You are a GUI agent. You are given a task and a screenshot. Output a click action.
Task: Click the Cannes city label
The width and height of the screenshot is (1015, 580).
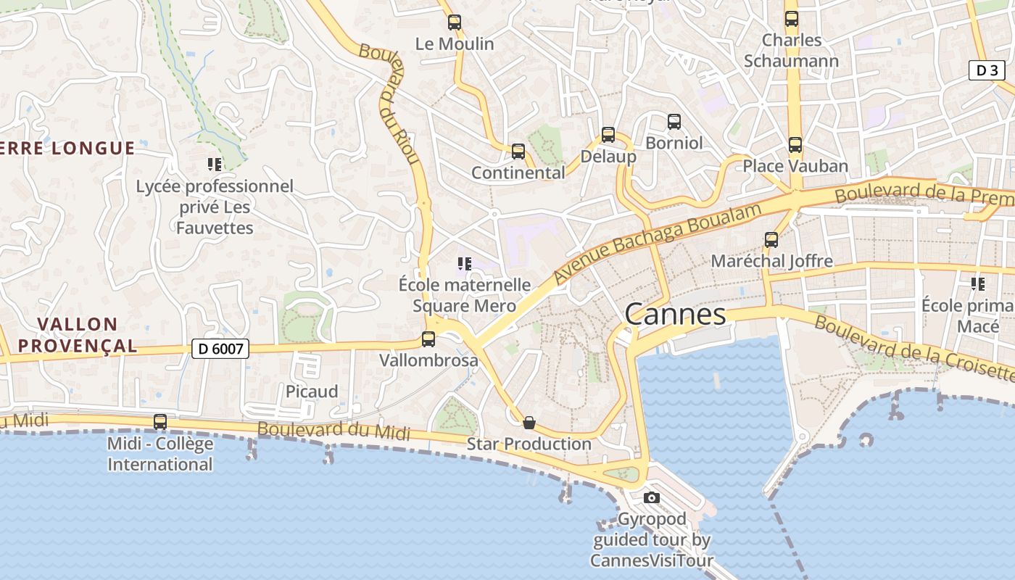click(674, 315)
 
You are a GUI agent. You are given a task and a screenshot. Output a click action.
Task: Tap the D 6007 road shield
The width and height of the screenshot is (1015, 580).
click(220, 349)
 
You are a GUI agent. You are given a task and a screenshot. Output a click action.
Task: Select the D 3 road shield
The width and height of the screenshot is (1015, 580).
click(987, 70)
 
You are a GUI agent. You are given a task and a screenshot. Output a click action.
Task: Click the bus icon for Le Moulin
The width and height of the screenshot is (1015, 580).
click(455, 22)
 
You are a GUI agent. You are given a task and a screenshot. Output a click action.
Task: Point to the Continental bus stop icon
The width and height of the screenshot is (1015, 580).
click(518, 152)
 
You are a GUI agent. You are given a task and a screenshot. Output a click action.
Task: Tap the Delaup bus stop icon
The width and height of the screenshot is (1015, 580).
click(608, 135)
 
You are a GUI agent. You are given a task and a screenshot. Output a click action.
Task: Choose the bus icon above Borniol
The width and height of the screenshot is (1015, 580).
click(674, 122)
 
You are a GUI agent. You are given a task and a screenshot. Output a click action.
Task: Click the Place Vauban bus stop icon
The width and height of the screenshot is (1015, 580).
click(795, 145)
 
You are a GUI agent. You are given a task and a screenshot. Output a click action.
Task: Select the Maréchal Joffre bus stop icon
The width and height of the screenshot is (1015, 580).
click(771, 240)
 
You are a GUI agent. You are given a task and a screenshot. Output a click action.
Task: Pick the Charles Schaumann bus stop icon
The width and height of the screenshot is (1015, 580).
click(791, 19)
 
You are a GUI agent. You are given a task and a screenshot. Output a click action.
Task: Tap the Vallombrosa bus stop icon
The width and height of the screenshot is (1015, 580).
click(428, 339)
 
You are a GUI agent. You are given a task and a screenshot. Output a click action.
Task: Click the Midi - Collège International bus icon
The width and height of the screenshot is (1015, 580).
click(160, 422)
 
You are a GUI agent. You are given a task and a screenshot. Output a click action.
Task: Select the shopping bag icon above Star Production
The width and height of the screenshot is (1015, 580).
click(529, 422)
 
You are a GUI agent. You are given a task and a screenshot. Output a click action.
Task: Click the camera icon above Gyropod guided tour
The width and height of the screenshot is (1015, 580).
click(652, 497)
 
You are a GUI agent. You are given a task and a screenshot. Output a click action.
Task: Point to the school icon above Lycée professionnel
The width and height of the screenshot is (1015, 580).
click(214, 165)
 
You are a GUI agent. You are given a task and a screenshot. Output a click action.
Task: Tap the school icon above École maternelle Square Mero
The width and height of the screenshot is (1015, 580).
click(465, 264)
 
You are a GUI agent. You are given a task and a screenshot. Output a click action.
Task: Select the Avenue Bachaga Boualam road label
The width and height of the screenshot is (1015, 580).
click(658, 243)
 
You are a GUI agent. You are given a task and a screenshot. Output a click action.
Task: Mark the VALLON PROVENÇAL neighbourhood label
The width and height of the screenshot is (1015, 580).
click(78, 335)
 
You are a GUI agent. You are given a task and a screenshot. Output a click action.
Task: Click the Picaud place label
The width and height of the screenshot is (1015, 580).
click(312, 391)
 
